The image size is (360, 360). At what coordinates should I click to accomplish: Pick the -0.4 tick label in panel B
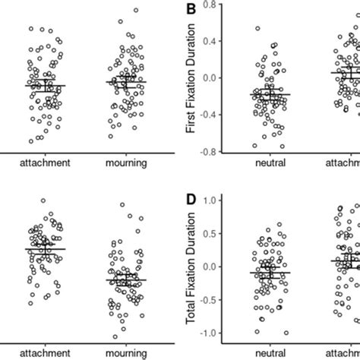[210, 115]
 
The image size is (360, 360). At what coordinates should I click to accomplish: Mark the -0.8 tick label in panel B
[210, 152]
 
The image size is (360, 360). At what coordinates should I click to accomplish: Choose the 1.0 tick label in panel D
[213, 200]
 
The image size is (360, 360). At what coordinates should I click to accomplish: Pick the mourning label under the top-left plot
[126, 163]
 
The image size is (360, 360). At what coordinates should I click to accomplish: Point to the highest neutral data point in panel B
[257, 29]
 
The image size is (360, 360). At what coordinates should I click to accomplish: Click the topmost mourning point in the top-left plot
[136, 11]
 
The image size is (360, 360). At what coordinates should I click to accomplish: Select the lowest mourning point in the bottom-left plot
[115, 336]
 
